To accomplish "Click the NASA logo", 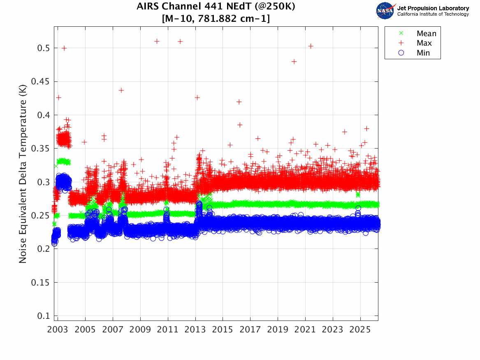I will pyautogui.click(x=385, y=10).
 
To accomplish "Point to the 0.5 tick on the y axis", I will pyautogui.click(x=43, y=48).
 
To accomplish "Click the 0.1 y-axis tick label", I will pyautogui.click(x=43, y=316).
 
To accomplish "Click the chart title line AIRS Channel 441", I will pyautogui.click(x=216, y=7).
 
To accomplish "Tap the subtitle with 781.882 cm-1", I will pyautogui.click(x=216, y=19).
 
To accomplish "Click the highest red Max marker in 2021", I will pyautogui.click(x=311, y=46).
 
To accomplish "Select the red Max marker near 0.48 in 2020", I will pyautogui.click(x=294, y=61).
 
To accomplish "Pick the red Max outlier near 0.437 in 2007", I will pyautogui.click(x=121, y=90).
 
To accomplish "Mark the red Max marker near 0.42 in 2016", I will pyautogui.click(x=239, y=102).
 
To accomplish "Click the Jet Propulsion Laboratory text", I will pyautogui.click(x=433, y=8).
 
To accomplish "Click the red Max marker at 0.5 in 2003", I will pyautogui.click(x=64, y=48).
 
